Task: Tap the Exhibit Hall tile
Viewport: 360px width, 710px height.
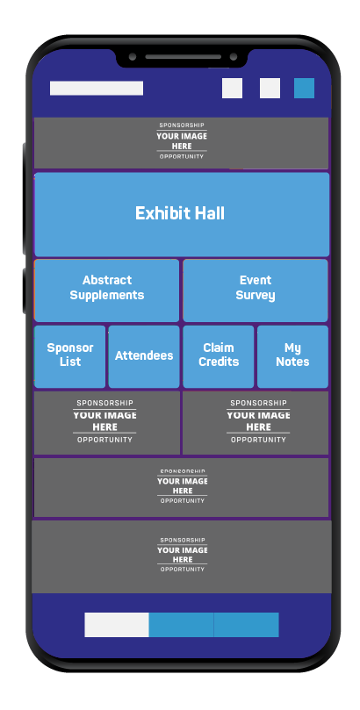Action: (x=182, y=214)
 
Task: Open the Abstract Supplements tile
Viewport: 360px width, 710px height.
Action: (x=107, y=290)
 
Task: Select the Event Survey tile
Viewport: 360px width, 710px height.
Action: (x=256, y=290)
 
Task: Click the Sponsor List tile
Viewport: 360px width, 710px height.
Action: (x=69, y=356)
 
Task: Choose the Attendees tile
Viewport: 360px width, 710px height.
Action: (x=144, y=356)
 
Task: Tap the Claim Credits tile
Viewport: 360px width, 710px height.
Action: (x=219, y=356)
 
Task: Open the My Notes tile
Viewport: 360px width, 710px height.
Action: (x=292, y=356)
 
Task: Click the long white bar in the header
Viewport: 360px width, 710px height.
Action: (x=97, y=88)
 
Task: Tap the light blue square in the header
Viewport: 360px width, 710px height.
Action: (x=305, y=88)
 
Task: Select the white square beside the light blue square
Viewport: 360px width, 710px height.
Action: (x=270, y=88)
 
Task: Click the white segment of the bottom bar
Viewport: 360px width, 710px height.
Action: (x=117, y=624)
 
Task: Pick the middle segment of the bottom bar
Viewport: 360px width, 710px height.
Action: (x=181, y=624)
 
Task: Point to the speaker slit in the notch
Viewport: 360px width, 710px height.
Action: (x=184, y=57)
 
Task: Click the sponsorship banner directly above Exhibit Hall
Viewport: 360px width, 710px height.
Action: (x=181, y=143)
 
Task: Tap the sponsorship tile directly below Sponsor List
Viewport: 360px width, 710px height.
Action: (x=107, y=423)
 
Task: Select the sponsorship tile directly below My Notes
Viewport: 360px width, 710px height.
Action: (x=256, y=423)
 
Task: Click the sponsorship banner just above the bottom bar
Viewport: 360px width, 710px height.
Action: (x=182, y=556)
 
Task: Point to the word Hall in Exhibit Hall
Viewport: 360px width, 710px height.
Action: (x=209, y=213)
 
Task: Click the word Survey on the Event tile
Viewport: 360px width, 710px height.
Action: (x=256, y=296)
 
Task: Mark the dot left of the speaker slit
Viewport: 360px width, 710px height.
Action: (x=133, y=57)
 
